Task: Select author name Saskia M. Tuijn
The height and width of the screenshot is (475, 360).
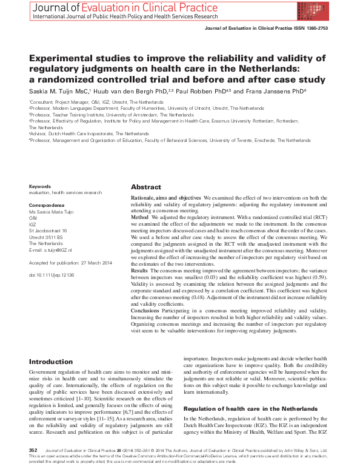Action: coord(58,91)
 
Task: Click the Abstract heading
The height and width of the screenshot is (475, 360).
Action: coord(146,187)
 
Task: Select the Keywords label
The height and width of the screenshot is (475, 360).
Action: coord(41,186)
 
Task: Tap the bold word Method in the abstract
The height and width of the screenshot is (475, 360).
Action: coord(140,217)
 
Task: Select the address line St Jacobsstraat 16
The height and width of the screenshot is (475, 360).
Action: coord(48,231)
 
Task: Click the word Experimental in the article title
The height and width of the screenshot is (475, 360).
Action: coord(68,58)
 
